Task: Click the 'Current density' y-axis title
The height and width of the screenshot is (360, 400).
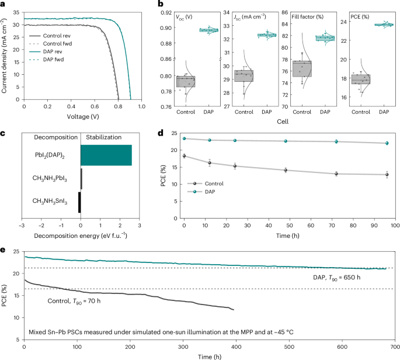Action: point(5,54)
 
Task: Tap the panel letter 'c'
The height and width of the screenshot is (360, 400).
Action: point(4,133)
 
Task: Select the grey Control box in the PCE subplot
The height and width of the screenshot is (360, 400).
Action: point(360,79)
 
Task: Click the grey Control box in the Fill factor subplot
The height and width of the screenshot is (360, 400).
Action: point(301,68)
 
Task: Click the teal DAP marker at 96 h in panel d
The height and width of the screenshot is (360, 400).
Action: point(387,143)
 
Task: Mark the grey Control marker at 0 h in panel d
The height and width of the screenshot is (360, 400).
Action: point(184,156)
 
